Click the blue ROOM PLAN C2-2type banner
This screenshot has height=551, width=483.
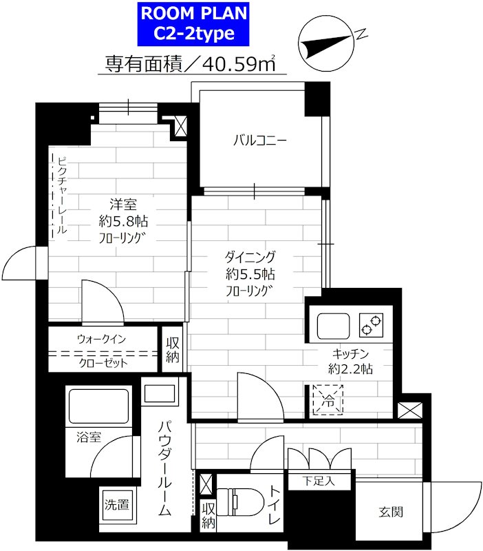[x=193, y=24]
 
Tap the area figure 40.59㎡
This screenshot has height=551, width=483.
[x=239, y=63]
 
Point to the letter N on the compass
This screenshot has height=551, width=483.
[x=361, y=34]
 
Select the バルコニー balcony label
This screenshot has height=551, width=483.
[x=260, y=141]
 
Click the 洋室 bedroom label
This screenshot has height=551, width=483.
[x=123, y=204]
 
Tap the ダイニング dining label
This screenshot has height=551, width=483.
[x=250, y=257]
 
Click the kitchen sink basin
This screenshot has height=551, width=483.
[x=334, y=326]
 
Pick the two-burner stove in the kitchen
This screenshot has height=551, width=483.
[x=371, y=325]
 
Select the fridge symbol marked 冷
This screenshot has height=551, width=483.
[x=328, y=400]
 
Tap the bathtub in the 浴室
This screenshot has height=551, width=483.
[x=98, y=406]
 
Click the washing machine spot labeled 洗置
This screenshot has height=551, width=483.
[x=116, y=505]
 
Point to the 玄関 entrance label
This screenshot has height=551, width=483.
[x=391, y=512]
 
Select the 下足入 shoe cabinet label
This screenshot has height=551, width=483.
[x=319, y=481]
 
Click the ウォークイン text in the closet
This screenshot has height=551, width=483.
[x=101, y=339]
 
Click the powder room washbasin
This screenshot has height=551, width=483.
[x=160, y=393]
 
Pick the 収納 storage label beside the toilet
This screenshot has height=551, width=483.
[x=208, y=515]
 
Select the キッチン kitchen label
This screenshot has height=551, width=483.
[x=350, y=353]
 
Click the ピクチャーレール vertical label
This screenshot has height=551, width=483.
[x=62, y=196]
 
